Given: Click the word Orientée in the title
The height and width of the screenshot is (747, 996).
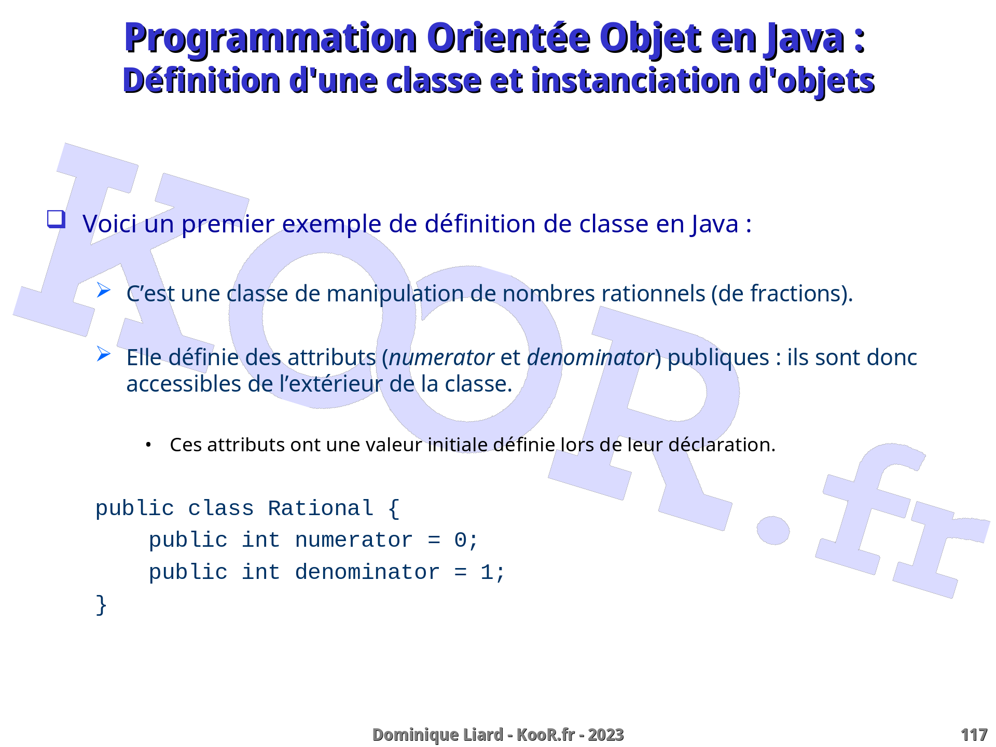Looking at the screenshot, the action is pos(508,38).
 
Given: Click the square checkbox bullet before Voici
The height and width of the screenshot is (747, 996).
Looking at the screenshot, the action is pos(57,219).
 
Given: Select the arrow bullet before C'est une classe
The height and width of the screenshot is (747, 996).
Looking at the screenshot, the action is pos(104,290).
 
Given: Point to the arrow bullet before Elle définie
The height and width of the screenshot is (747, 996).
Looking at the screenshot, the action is pos(104,354).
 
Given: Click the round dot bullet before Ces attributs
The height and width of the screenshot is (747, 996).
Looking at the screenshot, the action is pos(148,445).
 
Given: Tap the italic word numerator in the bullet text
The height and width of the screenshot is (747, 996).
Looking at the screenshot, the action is pos(441,358).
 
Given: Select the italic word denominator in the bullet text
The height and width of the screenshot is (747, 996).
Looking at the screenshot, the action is pos(590,358).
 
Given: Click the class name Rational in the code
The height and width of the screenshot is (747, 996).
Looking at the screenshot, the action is pos(321,508).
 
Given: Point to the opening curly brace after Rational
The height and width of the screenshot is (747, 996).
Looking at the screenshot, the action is pos(394,508).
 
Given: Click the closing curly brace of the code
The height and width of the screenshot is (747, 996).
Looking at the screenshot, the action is pos(101,605).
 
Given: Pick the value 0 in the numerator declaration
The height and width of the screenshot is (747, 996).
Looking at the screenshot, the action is pos(460,541).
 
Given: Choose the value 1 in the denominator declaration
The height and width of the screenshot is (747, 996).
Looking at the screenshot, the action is pos(487,573).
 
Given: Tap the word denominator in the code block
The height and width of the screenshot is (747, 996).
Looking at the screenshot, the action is pos(367,573).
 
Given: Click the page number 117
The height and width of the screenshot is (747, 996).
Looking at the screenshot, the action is pos(974,735).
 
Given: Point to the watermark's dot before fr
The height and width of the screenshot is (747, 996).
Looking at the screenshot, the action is pos(773,530).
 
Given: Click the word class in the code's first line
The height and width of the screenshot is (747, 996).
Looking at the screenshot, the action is pos(221,508).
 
